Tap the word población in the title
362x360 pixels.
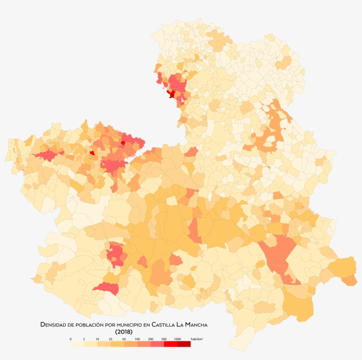87,325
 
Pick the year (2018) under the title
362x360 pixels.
124,332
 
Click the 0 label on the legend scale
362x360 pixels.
71,339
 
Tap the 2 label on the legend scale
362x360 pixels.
84,339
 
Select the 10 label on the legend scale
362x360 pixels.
97,339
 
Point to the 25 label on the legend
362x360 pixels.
110,339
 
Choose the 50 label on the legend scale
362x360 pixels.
124,339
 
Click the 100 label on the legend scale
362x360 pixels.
137,339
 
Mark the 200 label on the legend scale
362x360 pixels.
151,339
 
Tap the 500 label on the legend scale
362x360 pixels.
164,339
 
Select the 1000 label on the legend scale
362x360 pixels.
177,339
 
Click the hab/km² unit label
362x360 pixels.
197,339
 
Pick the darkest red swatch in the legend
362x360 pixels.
184,344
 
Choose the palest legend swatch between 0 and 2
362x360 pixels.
77,344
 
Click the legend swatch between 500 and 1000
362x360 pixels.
170,344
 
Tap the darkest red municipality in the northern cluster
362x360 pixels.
171,94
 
